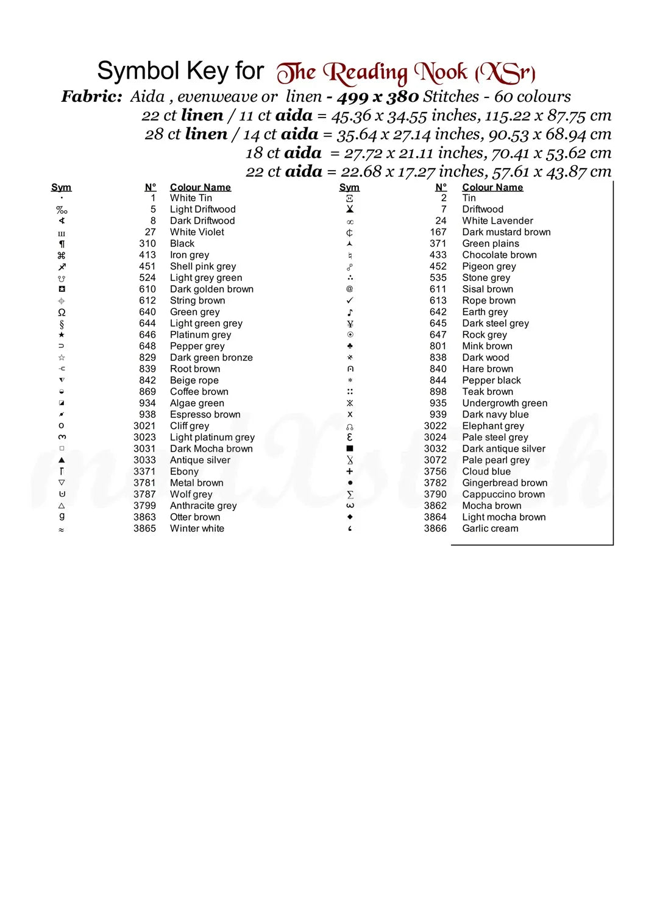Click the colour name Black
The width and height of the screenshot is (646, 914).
tap(182, 244)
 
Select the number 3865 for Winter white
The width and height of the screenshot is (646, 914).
tap(144, 529)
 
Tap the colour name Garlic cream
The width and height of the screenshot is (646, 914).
tap(490, 529)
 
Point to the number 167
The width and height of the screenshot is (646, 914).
tap(438, 232)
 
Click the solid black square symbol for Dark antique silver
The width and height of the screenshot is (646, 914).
tap(350, 449)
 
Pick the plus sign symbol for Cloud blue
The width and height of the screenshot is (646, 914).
tap(350, 472)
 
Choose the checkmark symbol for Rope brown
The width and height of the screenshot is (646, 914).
tap(350, 300)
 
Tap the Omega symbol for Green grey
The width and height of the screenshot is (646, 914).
tap(62, 312)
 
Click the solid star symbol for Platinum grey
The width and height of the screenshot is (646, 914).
tap(62, 335)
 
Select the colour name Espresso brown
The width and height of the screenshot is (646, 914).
tap(205, 415)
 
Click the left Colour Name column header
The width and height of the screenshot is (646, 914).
tap(200, 188)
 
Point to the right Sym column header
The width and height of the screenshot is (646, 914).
tap(349, 188)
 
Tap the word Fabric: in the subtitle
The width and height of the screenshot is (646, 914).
tap(91, 97)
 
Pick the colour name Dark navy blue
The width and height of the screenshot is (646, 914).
tap(495, 415)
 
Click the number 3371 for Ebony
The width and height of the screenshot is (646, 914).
tap(144, 472)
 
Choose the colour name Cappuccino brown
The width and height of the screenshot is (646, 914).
tap(503, 495)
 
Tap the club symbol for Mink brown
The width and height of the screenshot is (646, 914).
tap(350, 346)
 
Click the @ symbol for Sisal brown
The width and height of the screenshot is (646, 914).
tap(350, 289)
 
